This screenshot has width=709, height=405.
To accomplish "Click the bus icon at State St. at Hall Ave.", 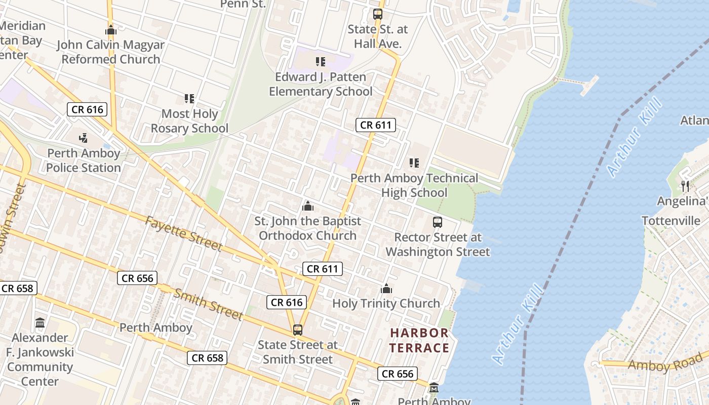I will click(x=378, y=14).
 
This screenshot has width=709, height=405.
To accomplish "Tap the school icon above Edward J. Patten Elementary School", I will click(x=321, y=62).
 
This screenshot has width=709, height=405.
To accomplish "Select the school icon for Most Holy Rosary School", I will click(x=189, y=99).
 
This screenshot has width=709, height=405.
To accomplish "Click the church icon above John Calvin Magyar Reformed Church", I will click(x=111, y=30).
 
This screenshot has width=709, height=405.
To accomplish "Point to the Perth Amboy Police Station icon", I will click(x=84, y=138).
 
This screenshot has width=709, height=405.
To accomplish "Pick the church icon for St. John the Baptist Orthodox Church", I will click(x=307, y=206).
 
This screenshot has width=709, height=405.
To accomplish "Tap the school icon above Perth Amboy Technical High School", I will click(x=414, y=163).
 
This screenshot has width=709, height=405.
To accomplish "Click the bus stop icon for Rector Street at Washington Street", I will click(x=438, y=222).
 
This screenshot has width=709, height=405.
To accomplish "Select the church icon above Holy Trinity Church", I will click(x=386, y=289).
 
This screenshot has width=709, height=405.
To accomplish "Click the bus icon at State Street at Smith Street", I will click(x=298, y=330).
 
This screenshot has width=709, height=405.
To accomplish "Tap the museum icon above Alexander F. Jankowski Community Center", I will click(x=40, y=322).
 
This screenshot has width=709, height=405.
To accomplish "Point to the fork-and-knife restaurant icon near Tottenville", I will click(x=685, y=186).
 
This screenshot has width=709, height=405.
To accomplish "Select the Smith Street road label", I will click(x=209, y=304).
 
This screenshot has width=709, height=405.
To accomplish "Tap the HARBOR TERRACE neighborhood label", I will click(x=419, y=340).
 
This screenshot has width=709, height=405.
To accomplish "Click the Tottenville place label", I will click(x=671, y=221).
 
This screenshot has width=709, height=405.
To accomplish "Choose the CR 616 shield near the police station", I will click(x=87, y=109).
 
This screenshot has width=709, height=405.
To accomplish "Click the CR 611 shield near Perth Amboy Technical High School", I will click(x=375, y=125).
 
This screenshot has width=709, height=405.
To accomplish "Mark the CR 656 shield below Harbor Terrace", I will click(x=398, y=374).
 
